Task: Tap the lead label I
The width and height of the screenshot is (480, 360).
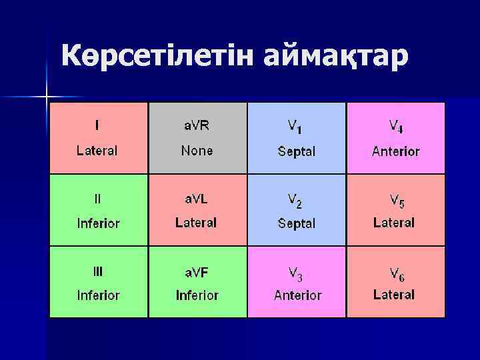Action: pos(98,125)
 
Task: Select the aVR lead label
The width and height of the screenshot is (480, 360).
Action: pos(197,125)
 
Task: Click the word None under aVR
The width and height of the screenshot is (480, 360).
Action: pos(197,151)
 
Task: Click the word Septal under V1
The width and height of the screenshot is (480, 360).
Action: pos(297,151)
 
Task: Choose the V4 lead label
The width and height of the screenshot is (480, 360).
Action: pos(396,125)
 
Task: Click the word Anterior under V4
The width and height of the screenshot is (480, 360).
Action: pos(396,151)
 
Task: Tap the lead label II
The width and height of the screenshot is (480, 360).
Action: pos(98,198)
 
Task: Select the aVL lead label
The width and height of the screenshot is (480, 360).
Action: pos(197,198)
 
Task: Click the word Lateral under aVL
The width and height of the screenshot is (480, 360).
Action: pos(196,223)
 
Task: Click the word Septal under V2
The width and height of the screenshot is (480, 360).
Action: pos(297,223)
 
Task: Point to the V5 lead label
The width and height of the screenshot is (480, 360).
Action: pos(396,199)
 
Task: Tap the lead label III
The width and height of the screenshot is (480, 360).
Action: pos(98,271)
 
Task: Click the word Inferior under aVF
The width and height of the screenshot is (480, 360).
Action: pos(197,295)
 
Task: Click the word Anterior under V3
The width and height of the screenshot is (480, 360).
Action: pos(298,295)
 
